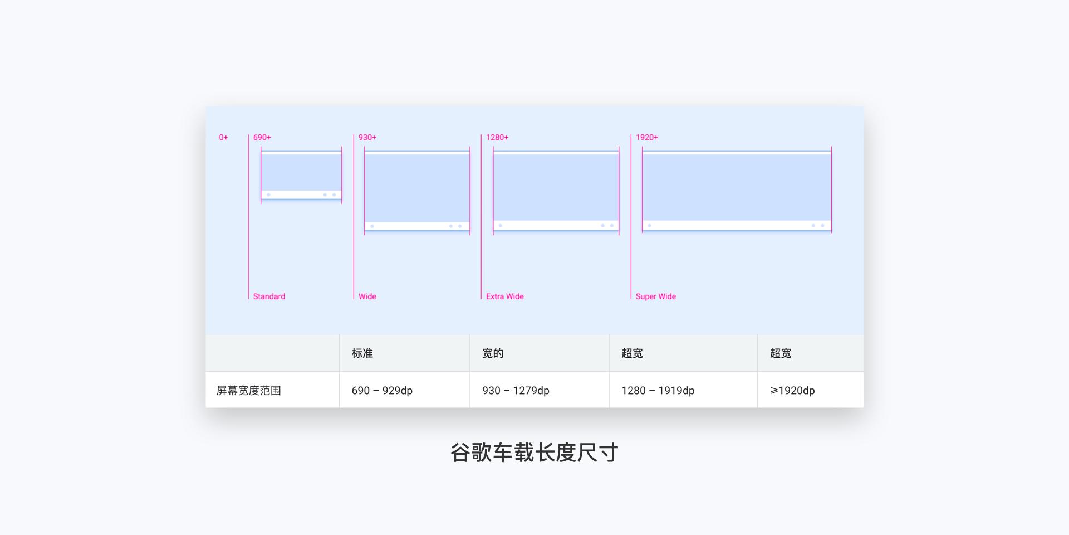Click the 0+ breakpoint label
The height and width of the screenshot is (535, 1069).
click(223, 137)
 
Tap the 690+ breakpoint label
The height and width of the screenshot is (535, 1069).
click(262, 137)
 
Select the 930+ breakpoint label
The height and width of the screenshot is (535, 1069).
click(367, 137)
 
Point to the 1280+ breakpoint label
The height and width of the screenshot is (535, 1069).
click(497, 137)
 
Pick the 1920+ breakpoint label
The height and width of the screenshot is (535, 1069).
click(647, 137)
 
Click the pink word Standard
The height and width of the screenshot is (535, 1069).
click(269, 296)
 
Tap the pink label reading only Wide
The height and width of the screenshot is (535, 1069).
click(367, 296)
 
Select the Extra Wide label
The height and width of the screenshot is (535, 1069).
click(505, 296)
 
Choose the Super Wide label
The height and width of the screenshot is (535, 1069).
click(656, 296)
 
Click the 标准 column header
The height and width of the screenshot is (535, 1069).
click(362, 353)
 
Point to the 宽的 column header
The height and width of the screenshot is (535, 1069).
click(493, 353)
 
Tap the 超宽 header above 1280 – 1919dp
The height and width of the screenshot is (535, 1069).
click(632, 353)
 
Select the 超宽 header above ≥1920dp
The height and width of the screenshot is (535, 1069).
click(781, 353)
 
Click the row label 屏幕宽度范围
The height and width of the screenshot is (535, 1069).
click(249, 391)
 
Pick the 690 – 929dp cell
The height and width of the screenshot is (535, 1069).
click(382, 391)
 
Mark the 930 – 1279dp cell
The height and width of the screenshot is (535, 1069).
click(516, 391)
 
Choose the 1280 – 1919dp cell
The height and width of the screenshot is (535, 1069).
click(658, 391)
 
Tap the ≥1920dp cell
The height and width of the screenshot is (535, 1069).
click(792, 391)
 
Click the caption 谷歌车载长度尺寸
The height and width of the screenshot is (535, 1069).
click(534, 453)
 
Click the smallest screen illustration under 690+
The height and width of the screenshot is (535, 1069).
click(301, 175)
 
